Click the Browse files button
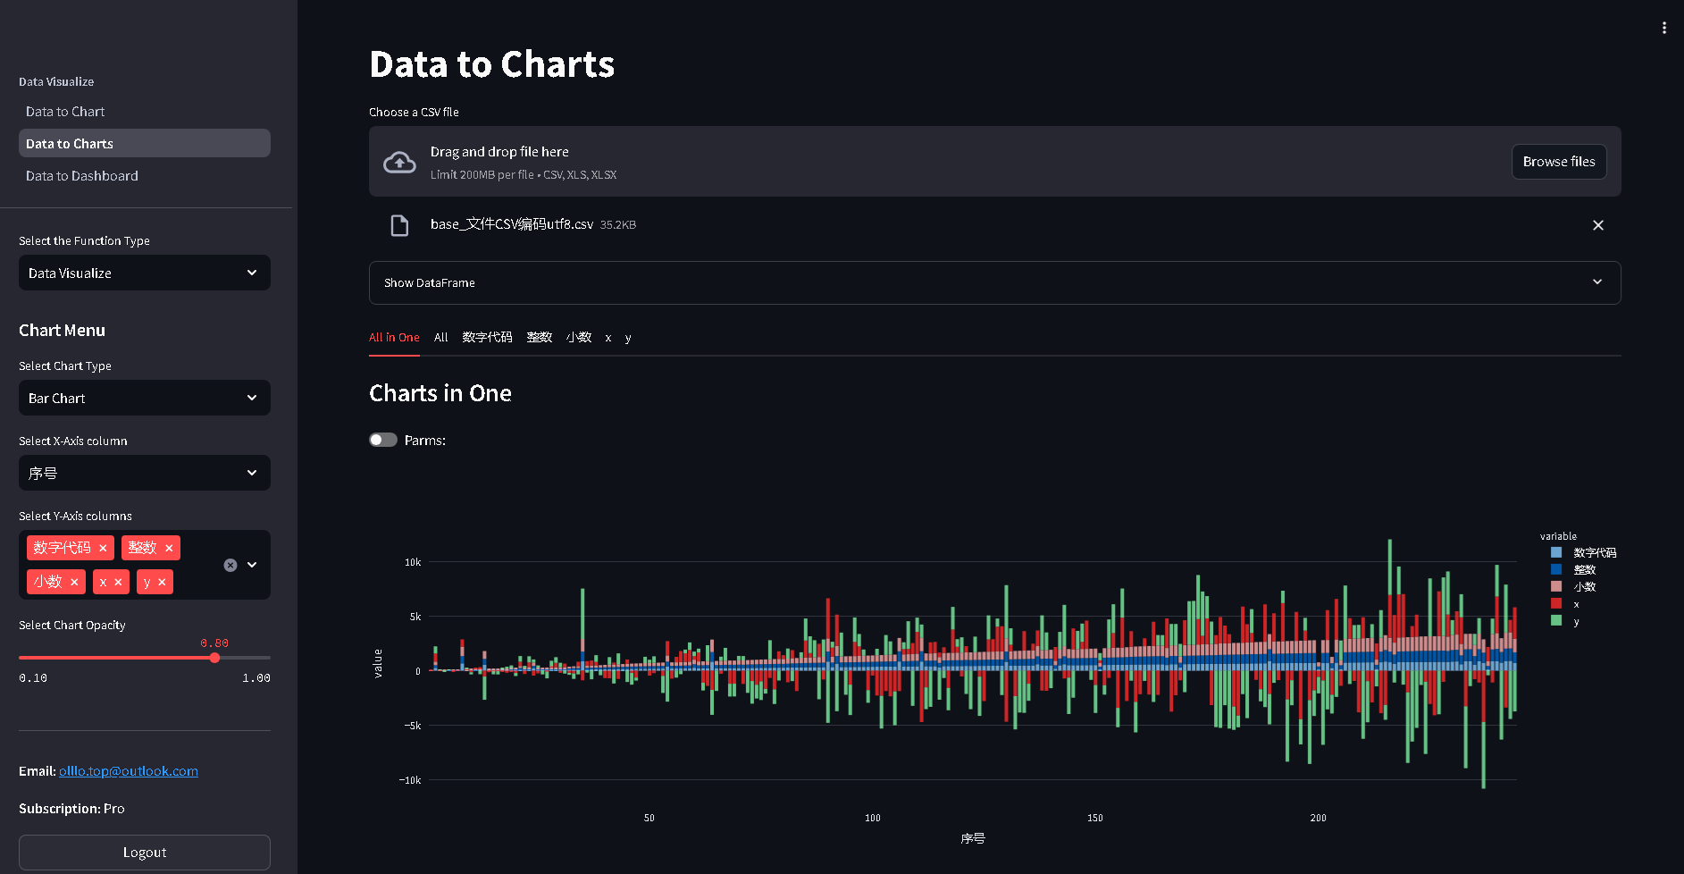[1558, 162]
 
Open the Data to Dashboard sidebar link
[82, 176]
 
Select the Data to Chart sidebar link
[65, 112]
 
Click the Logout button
[145, 853]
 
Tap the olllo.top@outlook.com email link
[129, 771]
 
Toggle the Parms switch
[383, 440]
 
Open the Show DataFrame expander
[994, 283]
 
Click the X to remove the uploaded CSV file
[1597, 225]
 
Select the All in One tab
[394, 338]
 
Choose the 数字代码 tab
[487, 338]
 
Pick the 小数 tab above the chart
[579, 338]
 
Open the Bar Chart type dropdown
[145, 399]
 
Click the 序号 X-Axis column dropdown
[145, 474]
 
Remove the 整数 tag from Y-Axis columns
[169, 548]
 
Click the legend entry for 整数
[1584, 570]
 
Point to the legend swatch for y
[1556, 621]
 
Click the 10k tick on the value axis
[413, 562]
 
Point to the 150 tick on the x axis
[1095, 818]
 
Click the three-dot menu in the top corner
[1663, 28]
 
